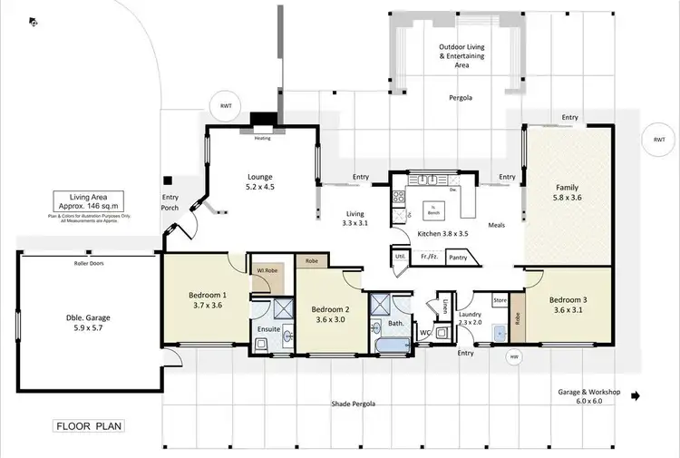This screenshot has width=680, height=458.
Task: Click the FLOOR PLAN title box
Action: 88,424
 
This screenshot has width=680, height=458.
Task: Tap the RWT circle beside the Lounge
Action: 225,106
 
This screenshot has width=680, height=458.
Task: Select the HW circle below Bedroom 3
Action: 513,356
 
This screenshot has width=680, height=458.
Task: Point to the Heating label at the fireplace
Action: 262,138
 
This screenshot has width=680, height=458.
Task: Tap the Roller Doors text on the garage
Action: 91,264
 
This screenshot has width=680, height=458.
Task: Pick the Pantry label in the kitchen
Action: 458,258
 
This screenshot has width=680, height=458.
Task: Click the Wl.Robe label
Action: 265,270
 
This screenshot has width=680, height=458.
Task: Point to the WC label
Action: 424,333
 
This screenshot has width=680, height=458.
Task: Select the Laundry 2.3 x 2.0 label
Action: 471,317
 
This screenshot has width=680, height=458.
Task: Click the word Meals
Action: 496,225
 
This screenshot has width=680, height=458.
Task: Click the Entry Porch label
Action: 170,202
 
